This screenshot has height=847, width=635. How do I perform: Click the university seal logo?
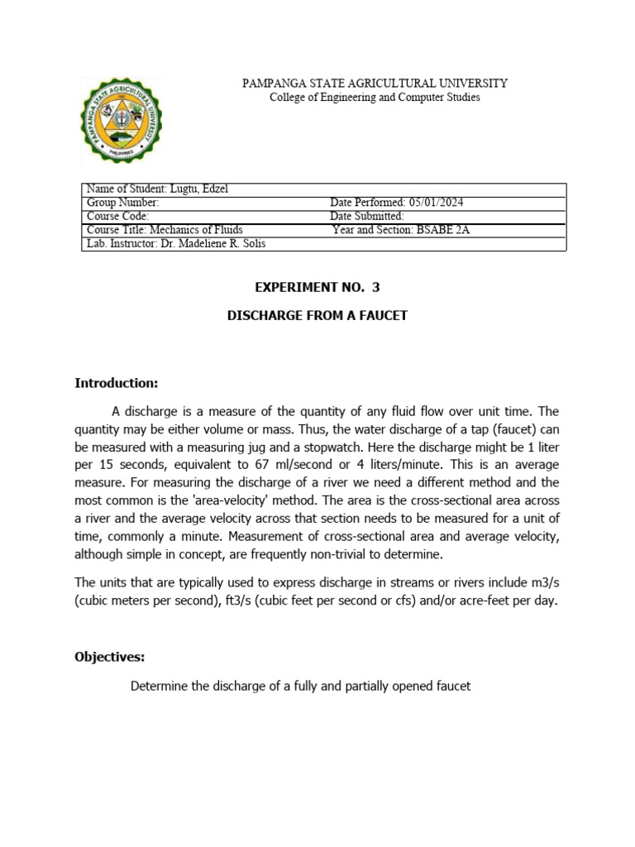(121, 120)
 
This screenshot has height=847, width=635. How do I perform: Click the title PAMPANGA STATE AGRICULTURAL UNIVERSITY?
(375, 84)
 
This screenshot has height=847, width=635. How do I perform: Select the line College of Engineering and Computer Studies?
(375, 98)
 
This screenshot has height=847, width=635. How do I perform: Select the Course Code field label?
(117, 216)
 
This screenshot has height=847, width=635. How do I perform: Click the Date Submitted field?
(366, 216)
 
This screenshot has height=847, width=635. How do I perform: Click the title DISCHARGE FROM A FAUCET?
(317, 315)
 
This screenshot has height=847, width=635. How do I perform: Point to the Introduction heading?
(116, 383)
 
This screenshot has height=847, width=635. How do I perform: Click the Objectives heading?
(110, 657)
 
